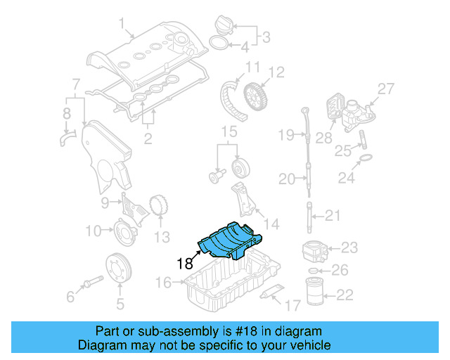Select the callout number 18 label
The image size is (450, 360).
pos(185,264)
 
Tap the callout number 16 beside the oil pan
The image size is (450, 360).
pos(163,283)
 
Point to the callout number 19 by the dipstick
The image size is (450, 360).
pos(285,134)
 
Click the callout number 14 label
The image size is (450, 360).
pos(271,224)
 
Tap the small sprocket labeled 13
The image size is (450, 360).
pos(160,207)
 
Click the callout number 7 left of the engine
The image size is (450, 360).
pos(75,85)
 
